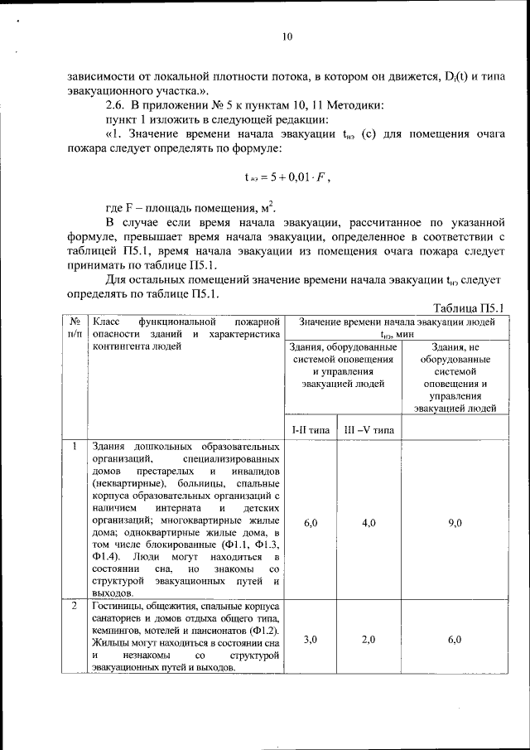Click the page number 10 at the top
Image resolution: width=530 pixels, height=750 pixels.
pos(287,36)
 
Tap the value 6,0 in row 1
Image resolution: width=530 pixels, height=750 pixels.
pos(311,523)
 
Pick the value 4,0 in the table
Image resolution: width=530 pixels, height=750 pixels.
pos(369,523)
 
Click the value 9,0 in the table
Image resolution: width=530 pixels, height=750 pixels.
pos(455,523)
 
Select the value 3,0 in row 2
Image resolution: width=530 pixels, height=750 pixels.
pos(311,640)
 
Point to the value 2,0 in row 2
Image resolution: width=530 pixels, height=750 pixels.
pos(369,640)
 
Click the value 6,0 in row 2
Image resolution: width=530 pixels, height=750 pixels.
pos(455,640)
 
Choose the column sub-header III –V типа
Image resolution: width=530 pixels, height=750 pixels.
pos(369,430)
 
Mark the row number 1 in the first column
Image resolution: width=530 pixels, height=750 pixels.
pos(75,447)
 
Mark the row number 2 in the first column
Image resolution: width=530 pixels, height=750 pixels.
pos(75,607)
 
